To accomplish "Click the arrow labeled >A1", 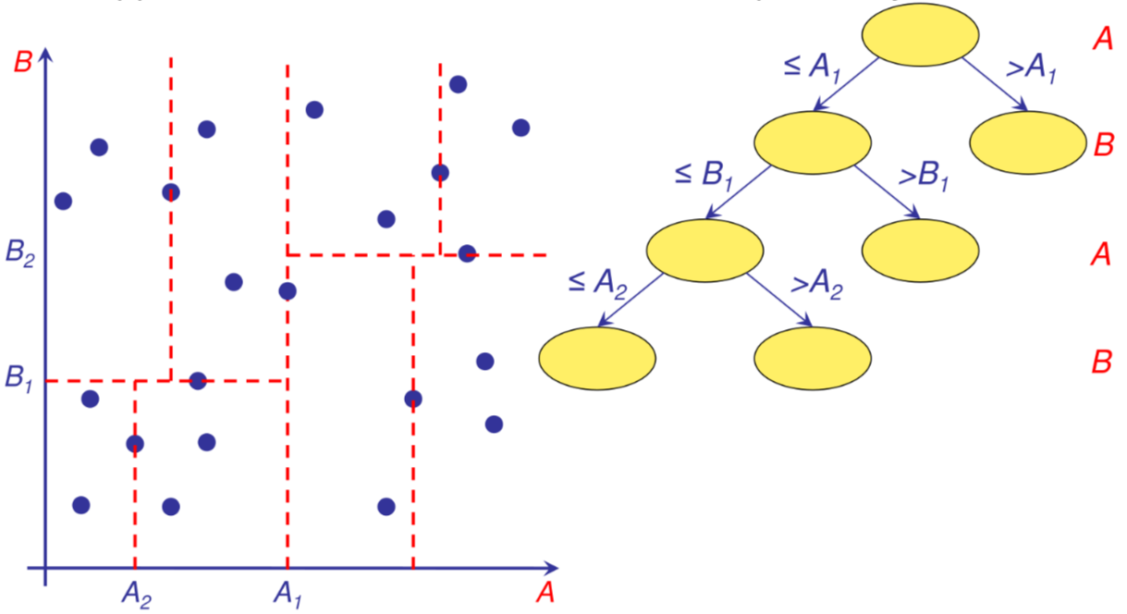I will (995, 85).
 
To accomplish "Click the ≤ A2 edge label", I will (597, 280).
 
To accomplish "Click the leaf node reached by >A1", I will (1028, 142).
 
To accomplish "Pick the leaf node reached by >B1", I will (920, 251).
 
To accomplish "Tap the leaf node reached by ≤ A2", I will (597, 357).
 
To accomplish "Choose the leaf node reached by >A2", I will (813, 357).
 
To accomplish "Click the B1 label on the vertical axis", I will (18, 380).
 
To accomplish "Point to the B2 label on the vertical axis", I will (19, 252).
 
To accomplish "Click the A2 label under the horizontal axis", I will (136, 592).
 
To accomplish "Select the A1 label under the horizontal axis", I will (288, 592).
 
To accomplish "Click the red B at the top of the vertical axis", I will (23, 63).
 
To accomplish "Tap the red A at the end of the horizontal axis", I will (545, 592).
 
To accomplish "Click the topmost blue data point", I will (458, 85).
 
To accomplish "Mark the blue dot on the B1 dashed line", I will (197, 380).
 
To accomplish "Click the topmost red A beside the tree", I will (1101, 39).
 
